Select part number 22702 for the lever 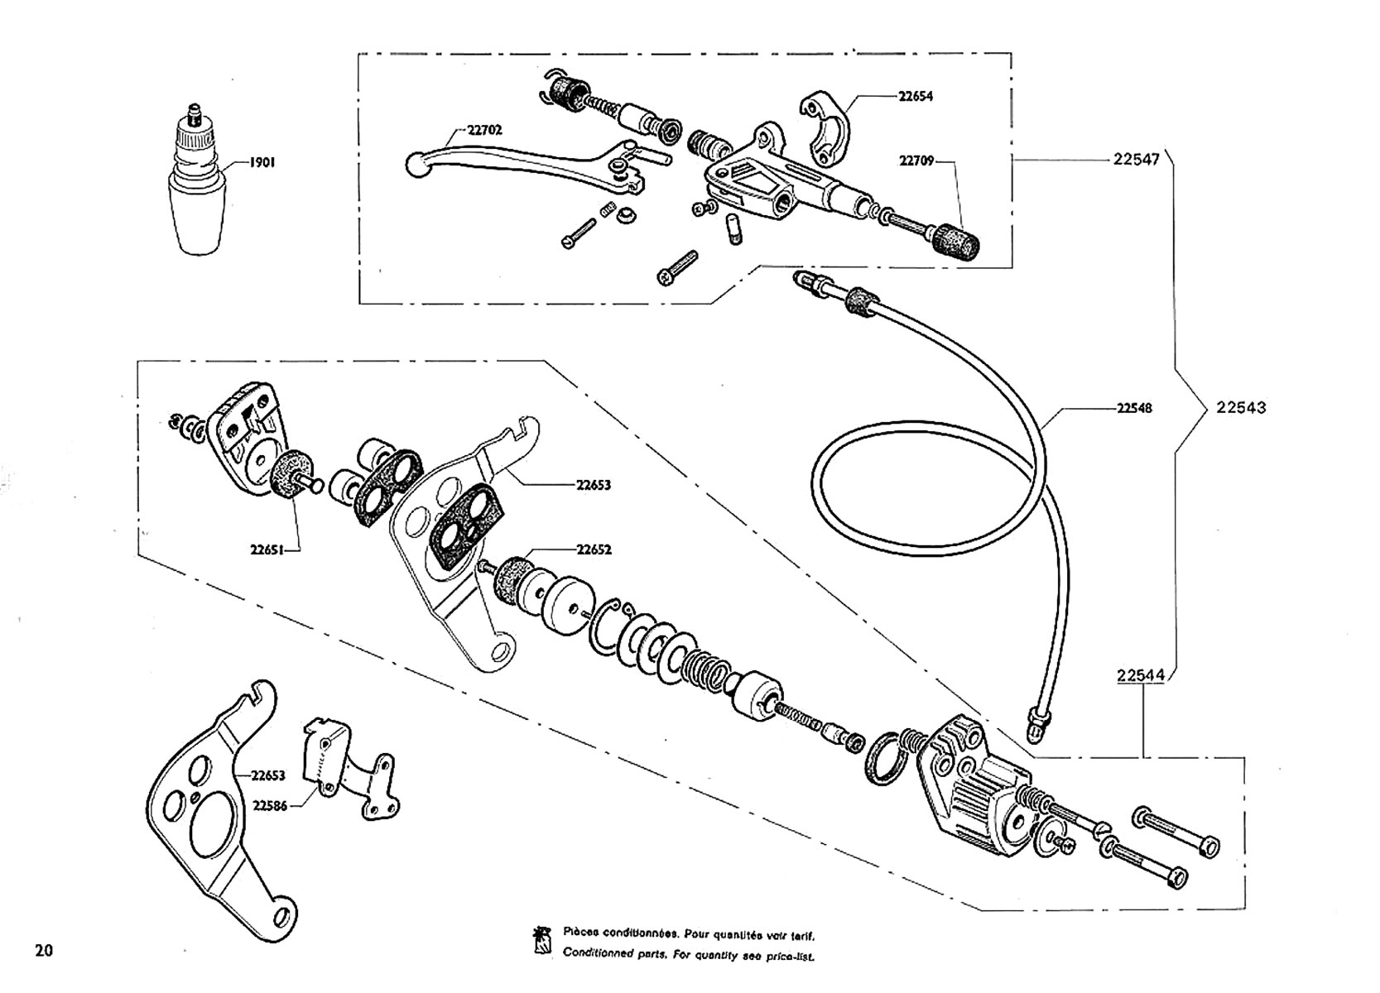pyautogui.click(x=484, y=129)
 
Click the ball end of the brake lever pyautogui.click(x=416, y=165)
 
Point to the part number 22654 pyautogui.click(x=916, y=96)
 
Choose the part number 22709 pyautogui.click(x=916, y=161)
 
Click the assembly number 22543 pyautogui.click(x=1241, y=407)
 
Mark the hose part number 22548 pyautogui.click(x=1134, y=408)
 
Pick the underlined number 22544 pyautogui.click(x=1140, y=675)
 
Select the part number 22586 pyautogui.click(x=270, y=805)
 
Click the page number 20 pyautogui.click(x=44, y=950)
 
